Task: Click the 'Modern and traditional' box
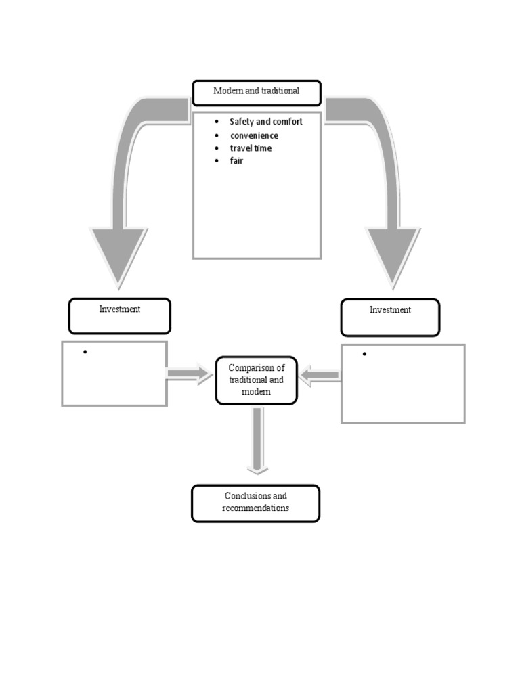257,92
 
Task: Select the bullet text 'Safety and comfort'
265,122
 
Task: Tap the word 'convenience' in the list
253,135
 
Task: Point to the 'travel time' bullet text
251,148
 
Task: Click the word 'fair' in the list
236,161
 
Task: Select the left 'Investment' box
120,316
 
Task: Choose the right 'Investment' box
390,317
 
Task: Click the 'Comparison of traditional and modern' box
257,380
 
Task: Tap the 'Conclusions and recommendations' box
255,503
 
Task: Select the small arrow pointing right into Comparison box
190,374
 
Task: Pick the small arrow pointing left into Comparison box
320,375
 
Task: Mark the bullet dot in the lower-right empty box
364,355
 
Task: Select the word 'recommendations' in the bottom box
255,508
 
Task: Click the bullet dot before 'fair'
216,161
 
